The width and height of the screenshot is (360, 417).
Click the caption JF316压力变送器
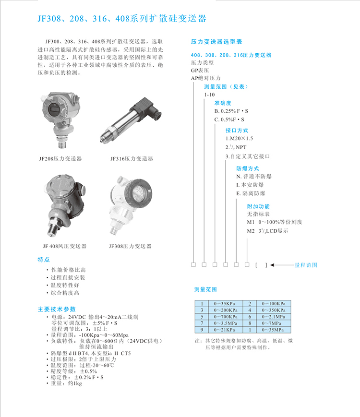pos(132,158)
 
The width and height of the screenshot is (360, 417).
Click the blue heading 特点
pos(44,260)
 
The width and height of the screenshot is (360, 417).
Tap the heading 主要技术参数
pos(57,309)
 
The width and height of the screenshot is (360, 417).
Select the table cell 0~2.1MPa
pos(273,317)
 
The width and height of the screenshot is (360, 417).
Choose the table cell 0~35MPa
pos(273,331)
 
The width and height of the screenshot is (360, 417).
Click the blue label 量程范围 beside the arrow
pos(306,265)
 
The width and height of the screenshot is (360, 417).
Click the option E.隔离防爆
pos(250,193)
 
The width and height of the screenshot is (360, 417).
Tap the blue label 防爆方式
pos(247,168)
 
